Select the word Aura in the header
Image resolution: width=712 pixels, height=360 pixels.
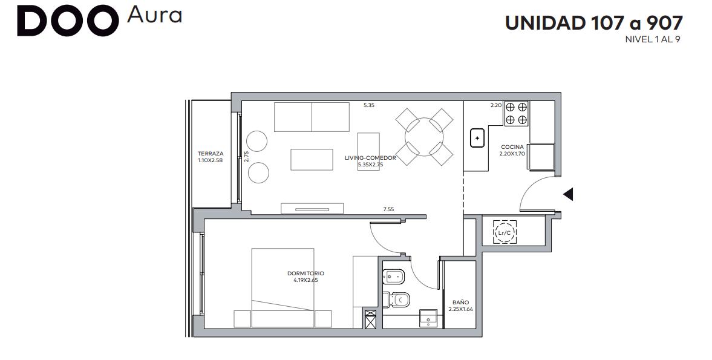(154, 15)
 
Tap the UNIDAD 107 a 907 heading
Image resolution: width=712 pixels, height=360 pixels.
(594, 23)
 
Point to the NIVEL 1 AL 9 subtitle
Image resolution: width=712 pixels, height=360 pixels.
(653, 39)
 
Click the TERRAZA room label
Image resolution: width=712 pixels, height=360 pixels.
(211, 154)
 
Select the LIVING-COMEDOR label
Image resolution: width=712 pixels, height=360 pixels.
(370, 158)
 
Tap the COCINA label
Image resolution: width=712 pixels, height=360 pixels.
(512, 147)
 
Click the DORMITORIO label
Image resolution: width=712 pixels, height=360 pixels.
(305, 273)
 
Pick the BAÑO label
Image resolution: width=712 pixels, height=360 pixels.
(460, 303)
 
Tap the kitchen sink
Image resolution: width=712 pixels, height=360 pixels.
(477, 138)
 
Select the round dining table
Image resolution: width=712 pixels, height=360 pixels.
(424, 137)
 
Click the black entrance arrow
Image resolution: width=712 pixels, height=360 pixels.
(568, 194)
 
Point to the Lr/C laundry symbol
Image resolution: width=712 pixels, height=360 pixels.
(505, 233)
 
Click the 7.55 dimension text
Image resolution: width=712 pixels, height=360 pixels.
(388, 209)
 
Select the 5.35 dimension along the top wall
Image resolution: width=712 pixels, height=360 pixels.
(369, 105)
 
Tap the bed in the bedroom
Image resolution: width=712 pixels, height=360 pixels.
(283, 287)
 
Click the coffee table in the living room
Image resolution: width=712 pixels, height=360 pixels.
(312, 159)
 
